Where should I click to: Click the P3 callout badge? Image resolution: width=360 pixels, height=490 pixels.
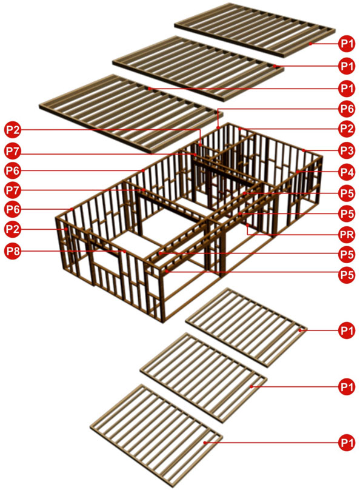pos(347,150)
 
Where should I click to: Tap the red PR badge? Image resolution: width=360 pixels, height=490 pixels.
pos(347,234)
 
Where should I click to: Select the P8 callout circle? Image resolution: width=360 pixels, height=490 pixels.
pos(13,251)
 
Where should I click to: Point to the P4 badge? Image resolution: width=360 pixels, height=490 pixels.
pos(347,172)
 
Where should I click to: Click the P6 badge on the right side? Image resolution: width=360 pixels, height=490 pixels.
pos(347,109)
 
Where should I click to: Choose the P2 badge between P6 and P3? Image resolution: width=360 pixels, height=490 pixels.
pos(347,129)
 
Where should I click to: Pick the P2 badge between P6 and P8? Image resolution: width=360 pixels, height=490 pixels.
pos(13,229)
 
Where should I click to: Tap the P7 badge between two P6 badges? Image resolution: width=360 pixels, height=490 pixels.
pos(13,190)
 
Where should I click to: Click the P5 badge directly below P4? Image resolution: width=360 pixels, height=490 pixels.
pos(347,193)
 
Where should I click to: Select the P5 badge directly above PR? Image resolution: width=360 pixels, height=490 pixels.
pos(347,213)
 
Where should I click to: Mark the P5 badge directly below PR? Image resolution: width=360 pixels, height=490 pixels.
pos(347,254)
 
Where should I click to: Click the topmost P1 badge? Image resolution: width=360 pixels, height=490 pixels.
pos(347,44)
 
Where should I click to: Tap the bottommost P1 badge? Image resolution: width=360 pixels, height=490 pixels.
pos(347,443)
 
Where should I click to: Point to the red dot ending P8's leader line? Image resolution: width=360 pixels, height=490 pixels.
pos(124,251)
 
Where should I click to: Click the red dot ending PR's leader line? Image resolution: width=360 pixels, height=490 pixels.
pos(247,225)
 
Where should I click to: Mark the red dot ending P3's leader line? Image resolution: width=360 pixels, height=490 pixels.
pos(304,150)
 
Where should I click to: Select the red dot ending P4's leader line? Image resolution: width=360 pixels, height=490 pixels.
pos(298,172)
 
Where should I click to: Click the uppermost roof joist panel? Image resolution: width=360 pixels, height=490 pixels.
pos(255,30)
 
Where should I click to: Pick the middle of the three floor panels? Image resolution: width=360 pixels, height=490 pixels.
pos(204,378)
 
